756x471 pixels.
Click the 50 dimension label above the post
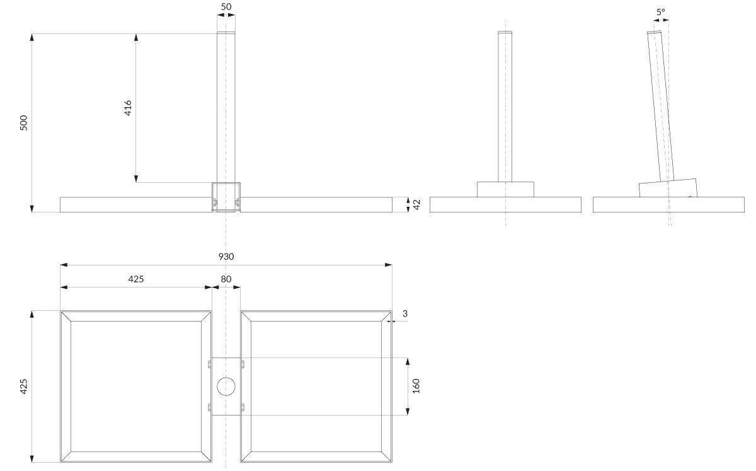(x=226, y=7)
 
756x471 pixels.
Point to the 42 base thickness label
(x=417, y=204)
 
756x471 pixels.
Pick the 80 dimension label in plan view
(x=226, y=279)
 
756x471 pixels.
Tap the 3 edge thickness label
(x=405, y=313)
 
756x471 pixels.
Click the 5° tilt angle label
(x=660, y=12)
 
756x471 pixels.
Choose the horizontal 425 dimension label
(x=136, y=279)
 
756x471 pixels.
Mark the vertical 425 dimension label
(x=24, y=386)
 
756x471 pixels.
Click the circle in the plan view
(x=226, y=387)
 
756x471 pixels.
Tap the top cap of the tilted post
(x=654, y=32)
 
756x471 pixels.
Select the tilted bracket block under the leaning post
(x=668, y=188)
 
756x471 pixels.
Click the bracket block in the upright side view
(x=505, y=190)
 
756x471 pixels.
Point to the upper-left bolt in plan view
(x=210, y=364)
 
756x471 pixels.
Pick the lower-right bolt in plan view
(x=243, y=408)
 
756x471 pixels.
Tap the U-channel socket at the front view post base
(x=226, y=197)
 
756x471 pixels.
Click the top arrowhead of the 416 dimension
(x=136, y=37)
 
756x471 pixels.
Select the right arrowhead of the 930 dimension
(x=389, y=265)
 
